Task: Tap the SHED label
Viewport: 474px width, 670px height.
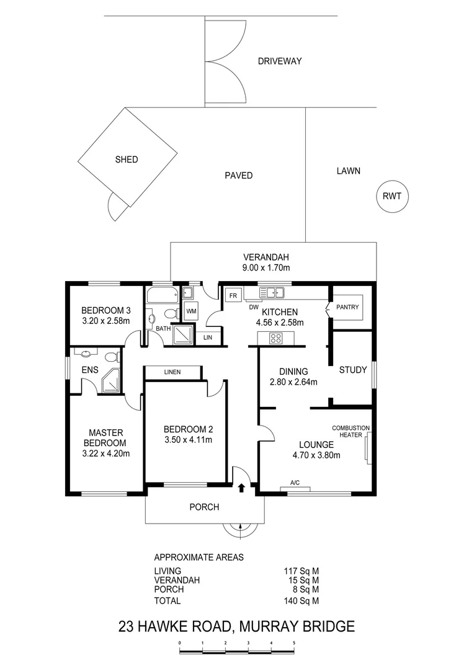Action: (127, 159)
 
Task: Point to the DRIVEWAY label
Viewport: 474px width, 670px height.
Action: (280, 61)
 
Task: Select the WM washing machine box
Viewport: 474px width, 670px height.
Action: (191, 311)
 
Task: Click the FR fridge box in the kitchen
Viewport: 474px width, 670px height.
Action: (233, 295)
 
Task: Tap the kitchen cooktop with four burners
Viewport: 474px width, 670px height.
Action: (275, 339)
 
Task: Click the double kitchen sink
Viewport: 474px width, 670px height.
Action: (272, 292)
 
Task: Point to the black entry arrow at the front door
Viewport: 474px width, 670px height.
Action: (241, 488)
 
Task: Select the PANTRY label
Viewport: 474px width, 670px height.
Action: (347, 307)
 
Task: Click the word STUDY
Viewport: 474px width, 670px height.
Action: (353, 370)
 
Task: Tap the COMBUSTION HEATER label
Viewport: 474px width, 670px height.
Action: (351, 431)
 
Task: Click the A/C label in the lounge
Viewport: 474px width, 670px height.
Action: (295, 483)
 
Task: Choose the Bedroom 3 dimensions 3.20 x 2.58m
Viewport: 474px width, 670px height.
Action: (106, 321)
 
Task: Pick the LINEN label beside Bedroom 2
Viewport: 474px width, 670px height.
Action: (172, 372)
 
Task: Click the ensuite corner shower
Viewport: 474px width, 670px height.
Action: (111, 381)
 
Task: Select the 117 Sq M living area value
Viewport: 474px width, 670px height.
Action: (302, 571)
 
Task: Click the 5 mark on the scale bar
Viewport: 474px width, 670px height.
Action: (294, 643)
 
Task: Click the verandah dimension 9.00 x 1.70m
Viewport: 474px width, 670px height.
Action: (266, 268)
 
